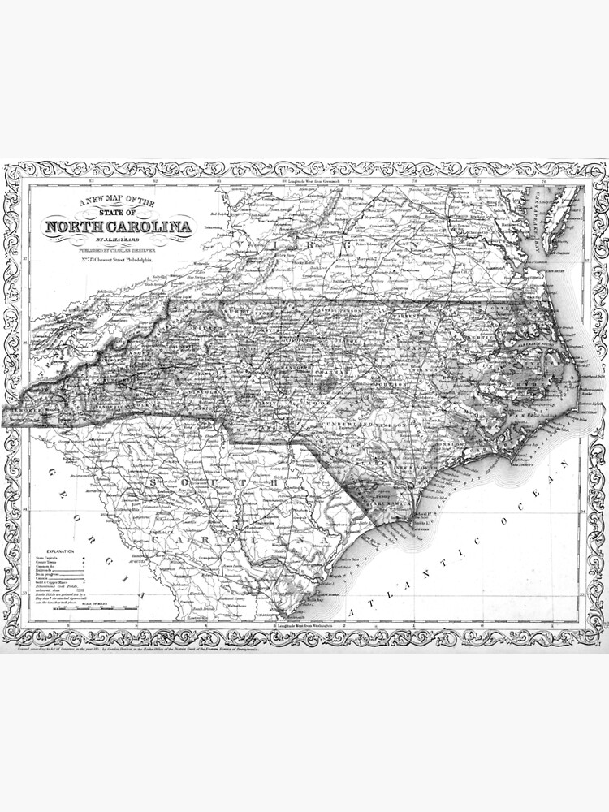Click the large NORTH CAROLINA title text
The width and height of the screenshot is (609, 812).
point(119,227)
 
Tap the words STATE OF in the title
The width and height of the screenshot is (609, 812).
point(119,212)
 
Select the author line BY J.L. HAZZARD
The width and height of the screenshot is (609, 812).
point(119,240)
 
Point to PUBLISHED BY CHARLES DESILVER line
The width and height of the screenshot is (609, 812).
point(119,251)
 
